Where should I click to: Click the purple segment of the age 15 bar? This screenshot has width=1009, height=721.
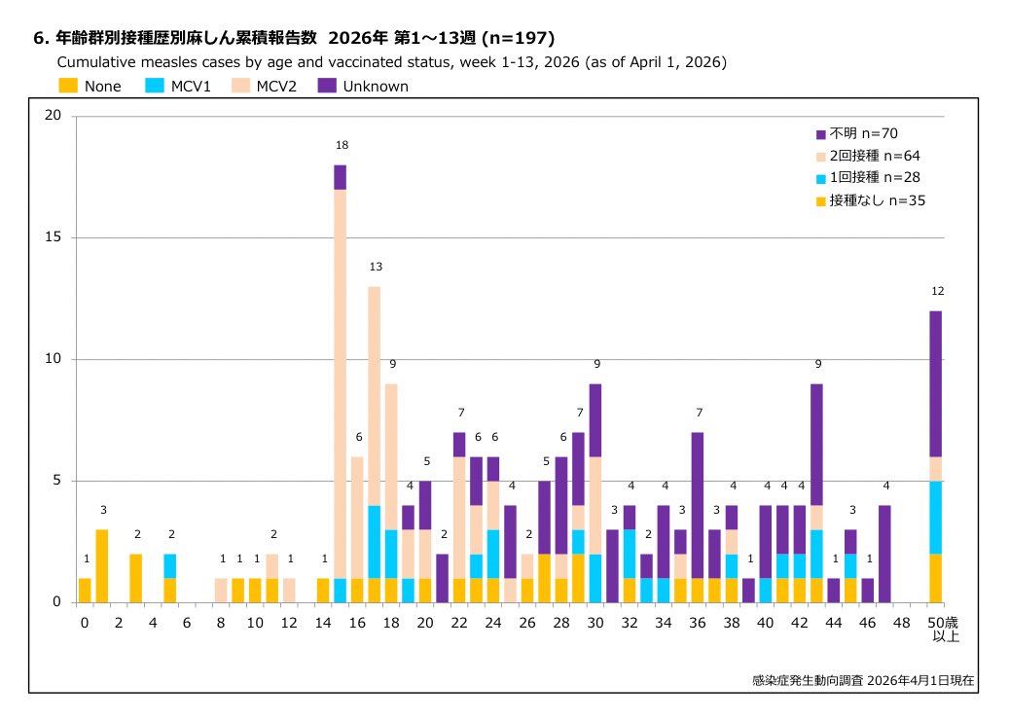click(340, 177)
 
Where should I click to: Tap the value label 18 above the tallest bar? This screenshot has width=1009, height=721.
click(342, 145)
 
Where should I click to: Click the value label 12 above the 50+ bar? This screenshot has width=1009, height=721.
click(937, 291)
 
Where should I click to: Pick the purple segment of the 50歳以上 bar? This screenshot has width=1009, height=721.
click(936, 383)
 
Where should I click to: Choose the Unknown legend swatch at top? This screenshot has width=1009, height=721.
click(327, 86)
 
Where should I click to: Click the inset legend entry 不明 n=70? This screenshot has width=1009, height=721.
click(862, 133)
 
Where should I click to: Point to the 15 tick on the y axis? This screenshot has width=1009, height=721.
click(54, 237)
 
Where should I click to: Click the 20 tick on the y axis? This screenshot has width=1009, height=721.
click(54, 116)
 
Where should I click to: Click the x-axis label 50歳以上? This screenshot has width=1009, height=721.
click(936, 630)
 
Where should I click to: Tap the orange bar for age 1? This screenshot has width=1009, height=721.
click(102, 565)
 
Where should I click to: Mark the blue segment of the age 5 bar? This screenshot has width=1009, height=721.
click(170, 565)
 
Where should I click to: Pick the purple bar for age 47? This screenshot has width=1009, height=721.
click(884, 553)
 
